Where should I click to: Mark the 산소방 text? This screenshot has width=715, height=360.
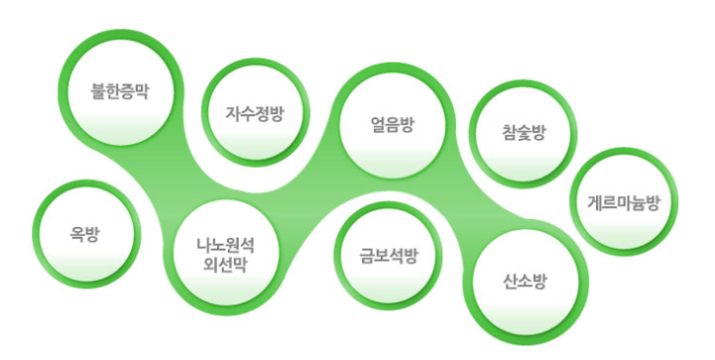(523, 282)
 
